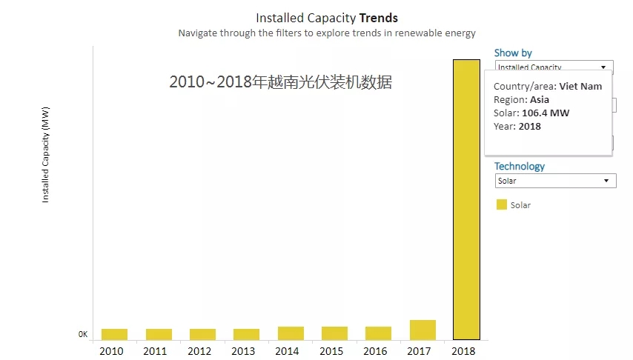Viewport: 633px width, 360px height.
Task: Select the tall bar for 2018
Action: click(x=466, y=199)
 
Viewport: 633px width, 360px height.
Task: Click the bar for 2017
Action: click(x=422, y=330)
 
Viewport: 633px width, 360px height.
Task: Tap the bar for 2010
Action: click(x=114, y=334)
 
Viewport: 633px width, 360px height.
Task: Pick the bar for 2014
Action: click(x=291, y=333)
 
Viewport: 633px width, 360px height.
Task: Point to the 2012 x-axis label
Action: click(x=199, y=351)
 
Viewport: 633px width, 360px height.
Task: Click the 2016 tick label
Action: click(x=375, y=351)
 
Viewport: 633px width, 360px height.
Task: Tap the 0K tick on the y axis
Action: click(x=83, y=335)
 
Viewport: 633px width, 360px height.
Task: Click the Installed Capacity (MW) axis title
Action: click(x=45, y=164)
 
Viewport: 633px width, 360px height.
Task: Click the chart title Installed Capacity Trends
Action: click(x=327, y=18)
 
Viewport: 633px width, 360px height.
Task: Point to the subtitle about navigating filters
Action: click(x=327, y=33)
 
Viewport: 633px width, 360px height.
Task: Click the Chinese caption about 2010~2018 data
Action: click(x=280, y=82)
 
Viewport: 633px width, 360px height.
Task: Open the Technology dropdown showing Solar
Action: click(x=555, y=181)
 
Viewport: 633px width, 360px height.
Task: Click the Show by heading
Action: click(x=513, y=53)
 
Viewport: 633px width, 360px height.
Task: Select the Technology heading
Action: click(x=520, y=167)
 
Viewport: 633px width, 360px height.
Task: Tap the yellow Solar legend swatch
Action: click(x=502, y=204)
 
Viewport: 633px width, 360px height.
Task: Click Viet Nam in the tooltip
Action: click(x=580, y=87)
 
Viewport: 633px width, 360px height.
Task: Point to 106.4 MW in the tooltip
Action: click(x=546, y=113)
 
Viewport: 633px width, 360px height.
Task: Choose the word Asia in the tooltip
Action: click(x=540, y=100)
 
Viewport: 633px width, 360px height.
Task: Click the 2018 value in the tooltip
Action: click(x=529, y=127)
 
